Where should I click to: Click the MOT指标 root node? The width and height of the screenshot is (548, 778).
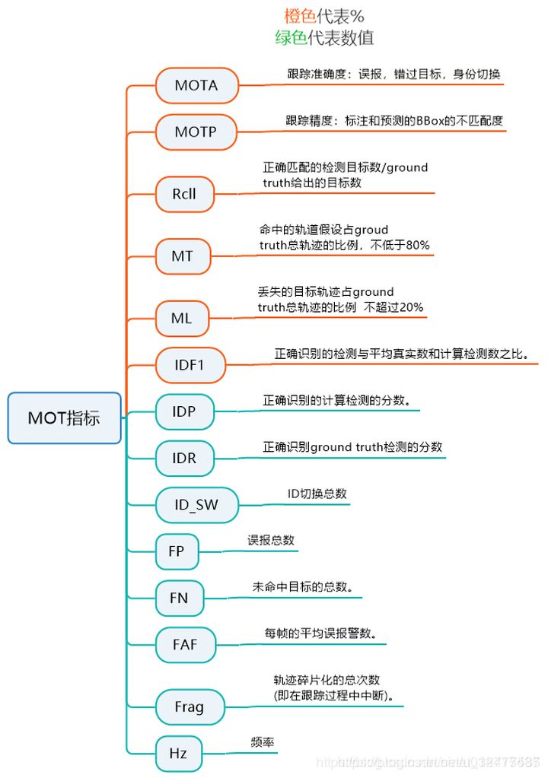pyautogui.click(x=65, y=418)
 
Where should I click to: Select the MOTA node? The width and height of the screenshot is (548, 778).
pyautogui.click(x=196, y=85)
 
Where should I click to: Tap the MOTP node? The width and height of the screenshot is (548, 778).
pyautogui.click(x=196, y=132)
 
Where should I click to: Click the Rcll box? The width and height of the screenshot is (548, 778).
pyautogui.click(x=184, y=194)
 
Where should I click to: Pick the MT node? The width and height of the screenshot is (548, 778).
pyautogui.click(x=182, y=256)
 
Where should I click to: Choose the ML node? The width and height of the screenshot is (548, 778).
pyautogui.click(x=181, y=319)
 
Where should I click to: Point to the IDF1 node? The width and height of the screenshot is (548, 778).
pyautogui.click(x=190, y=365)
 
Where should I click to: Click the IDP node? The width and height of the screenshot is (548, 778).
pyautogui.click(x=184, y=411)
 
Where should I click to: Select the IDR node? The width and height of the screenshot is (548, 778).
pyautogui.click(x=184, y=458)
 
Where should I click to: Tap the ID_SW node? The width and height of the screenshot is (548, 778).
pyautogui.click(x=196, y=505)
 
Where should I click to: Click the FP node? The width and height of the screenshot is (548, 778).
pyautogui.click(x=177, y=551)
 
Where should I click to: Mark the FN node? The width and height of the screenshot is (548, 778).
pyautogui.click(x=178, y=598)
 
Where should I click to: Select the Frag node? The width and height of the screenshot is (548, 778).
pyautogui.click(x=190, y=707)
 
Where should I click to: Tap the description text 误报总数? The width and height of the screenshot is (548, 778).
pyautogui.click(x=270, y=540)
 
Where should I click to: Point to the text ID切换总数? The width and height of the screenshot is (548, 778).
pyautogui.click(x=317, y=494)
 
